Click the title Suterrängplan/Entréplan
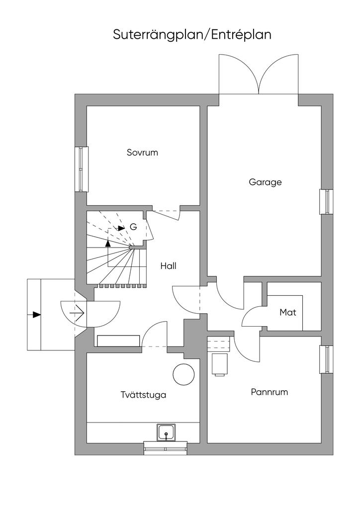coord(191,35)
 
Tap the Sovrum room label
coord(142,153)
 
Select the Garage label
coord(265,182)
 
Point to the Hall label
coord(168,266)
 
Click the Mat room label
coord(287,313)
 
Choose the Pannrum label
coord(269,392)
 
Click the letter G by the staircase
coord(133,227)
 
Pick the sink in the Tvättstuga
coord(166,432)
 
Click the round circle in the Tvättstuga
coord(182,374)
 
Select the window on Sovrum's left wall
coord(81,169)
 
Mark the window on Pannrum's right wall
coord(326,358)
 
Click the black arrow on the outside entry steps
coord(36,314)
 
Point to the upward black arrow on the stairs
coord(108,243)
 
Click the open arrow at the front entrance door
coord(77,314)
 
